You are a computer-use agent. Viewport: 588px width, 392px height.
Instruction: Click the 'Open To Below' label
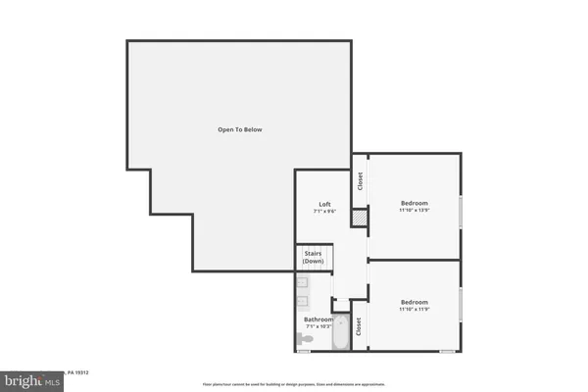[240, 130]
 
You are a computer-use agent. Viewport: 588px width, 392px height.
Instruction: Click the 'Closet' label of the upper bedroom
[360, 180]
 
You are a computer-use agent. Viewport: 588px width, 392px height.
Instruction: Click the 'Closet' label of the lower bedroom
[360, 325]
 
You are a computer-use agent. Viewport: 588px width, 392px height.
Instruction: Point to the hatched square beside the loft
[360, 216]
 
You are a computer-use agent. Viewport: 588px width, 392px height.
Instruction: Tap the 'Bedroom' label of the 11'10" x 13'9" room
[414, 202]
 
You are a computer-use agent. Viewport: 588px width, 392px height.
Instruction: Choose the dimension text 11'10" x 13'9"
[414, 210]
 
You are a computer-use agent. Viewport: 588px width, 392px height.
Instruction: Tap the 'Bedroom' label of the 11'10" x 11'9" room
[414, 302]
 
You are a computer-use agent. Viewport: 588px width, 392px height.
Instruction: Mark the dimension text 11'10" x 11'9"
[414, 310]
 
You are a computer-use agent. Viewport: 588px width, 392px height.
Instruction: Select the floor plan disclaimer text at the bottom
[294, 383]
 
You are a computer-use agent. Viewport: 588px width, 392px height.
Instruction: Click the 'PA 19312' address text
[79, 371]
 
